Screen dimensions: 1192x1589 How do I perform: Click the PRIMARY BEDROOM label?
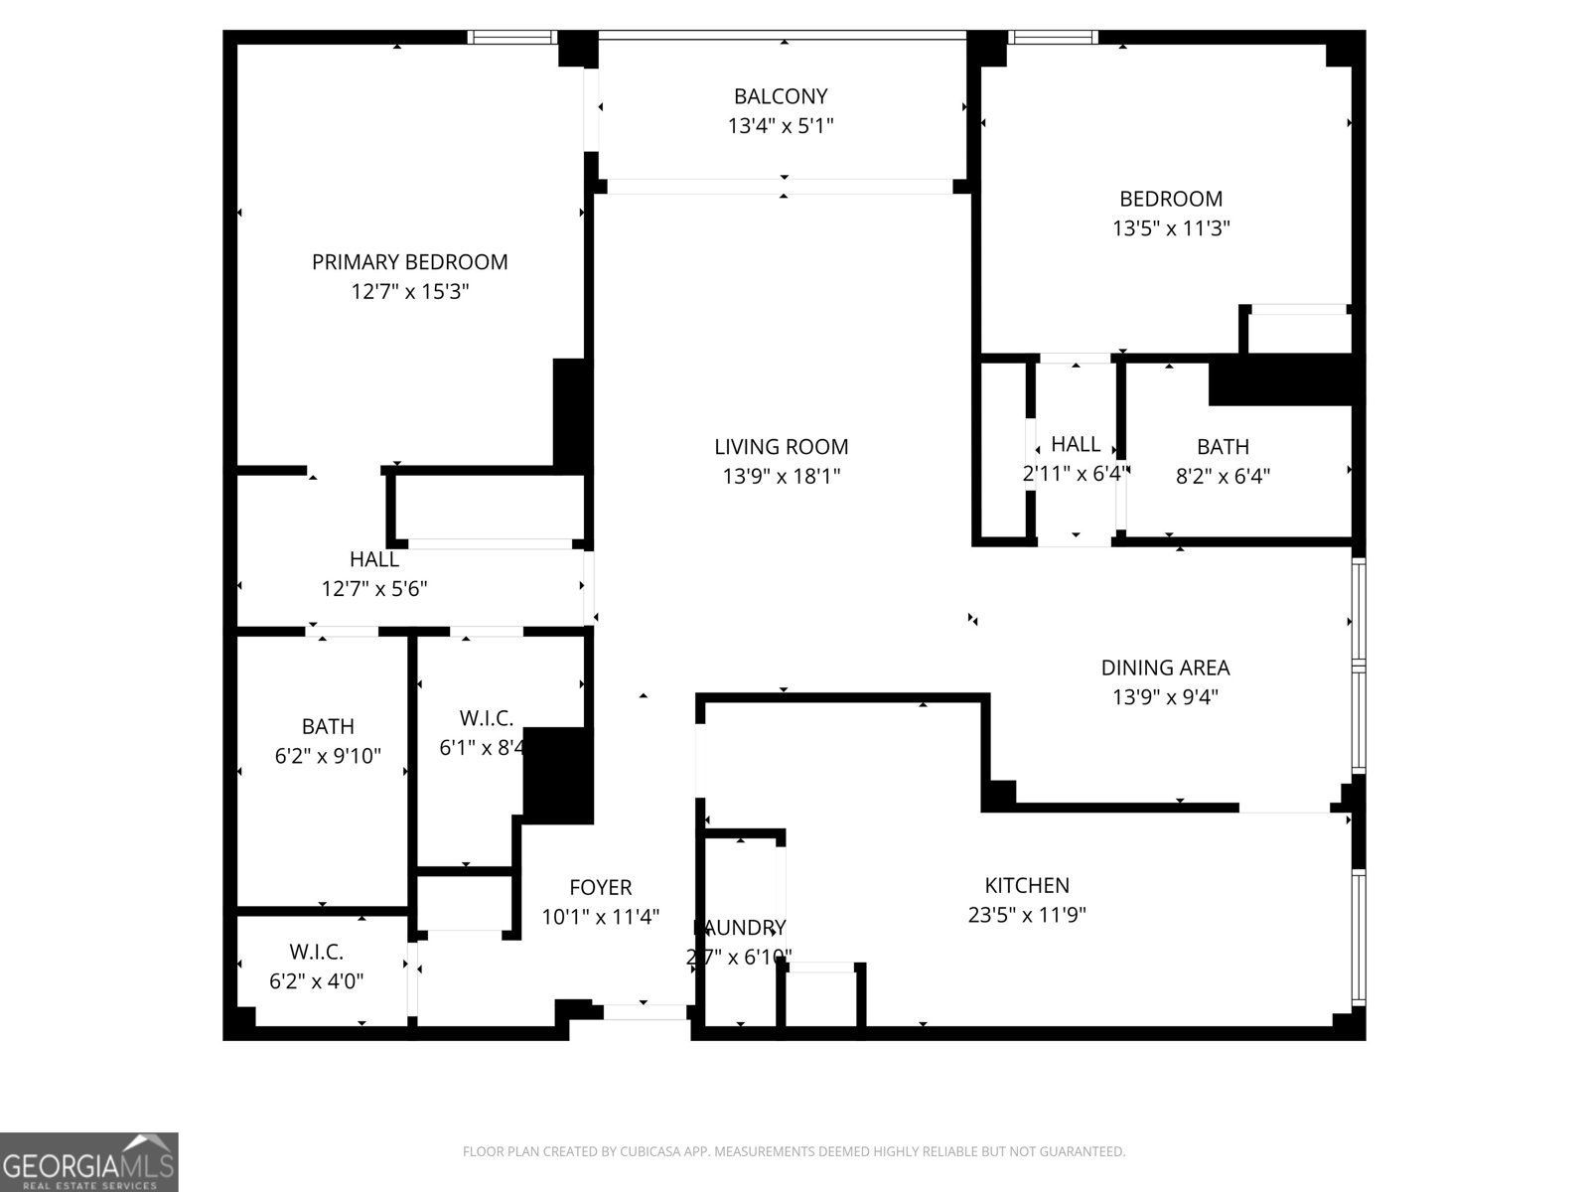coord(409,262)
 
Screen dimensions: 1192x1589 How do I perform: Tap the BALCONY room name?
coord(780,96)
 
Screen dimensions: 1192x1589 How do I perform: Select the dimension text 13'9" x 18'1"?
coord(781,477)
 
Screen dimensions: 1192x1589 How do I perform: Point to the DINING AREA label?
coord(1165,668)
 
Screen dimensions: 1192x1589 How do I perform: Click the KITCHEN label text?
coord(1027,885)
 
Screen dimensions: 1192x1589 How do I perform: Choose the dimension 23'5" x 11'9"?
coord(1027,915)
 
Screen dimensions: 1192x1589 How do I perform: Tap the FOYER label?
coord(600,887)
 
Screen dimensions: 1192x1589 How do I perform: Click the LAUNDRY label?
coord(739,928)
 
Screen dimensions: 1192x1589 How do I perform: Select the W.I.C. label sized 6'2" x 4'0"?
coord(317,952)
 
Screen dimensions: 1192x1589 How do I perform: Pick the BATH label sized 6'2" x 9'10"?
coord(328,726)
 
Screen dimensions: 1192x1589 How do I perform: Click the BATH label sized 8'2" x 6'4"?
coord(1223,447)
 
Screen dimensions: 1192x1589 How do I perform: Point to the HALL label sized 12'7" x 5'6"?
coord(374,559)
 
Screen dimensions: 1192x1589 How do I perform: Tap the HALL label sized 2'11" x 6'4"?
coord(1076,444)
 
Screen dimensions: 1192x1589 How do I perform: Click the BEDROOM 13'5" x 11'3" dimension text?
coord(1171,228)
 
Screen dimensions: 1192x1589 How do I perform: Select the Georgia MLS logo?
coord(89,1162)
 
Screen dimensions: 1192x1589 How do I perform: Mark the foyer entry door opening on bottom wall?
coord(645,1012)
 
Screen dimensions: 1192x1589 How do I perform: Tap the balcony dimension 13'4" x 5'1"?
coord(780,126)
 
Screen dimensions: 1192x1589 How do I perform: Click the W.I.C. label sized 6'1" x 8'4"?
coord(486,718)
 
